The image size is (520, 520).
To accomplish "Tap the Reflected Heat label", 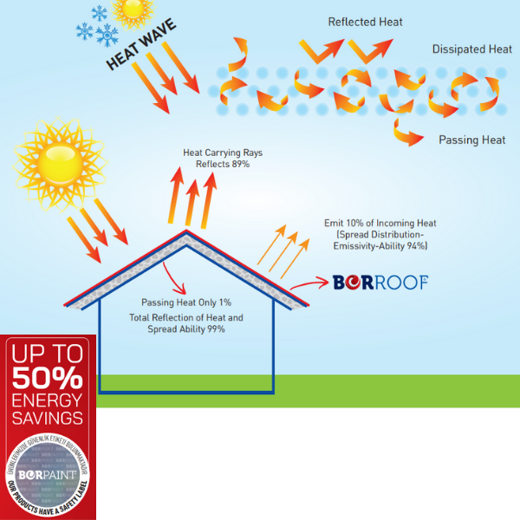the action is [365, 21].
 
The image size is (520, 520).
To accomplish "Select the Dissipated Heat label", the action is [471, 49].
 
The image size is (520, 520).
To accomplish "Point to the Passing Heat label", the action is [471, 140].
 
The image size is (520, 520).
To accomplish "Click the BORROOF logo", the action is [380, 282].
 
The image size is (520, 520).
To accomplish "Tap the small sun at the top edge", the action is [133, 9].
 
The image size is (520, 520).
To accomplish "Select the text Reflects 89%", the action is [223, 165].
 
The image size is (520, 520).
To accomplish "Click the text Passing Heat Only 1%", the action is [186, 303].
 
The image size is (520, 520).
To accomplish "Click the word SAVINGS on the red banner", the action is [48, 418].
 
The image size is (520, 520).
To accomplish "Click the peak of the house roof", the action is [185, 233].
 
